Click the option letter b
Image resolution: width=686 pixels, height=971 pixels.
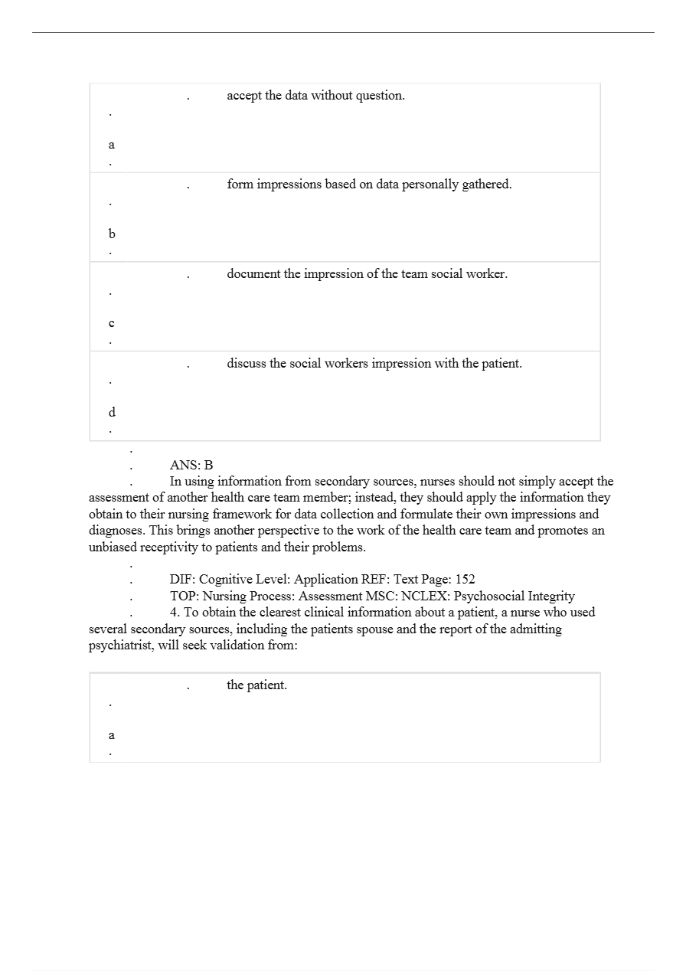[x=112, y=234]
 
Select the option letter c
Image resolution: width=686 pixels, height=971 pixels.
[x=112, y=324]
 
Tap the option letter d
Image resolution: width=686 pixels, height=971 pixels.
[x=112, y=413]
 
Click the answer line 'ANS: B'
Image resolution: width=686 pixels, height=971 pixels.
[x=191, y=465]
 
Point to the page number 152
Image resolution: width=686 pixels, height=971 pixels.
[x=464, y=580]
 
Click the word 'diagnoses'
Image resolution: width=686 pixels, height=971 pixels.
[x=117, y=531]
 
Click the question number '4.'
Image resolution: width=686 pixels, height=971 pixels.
[x=175, y=613]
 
